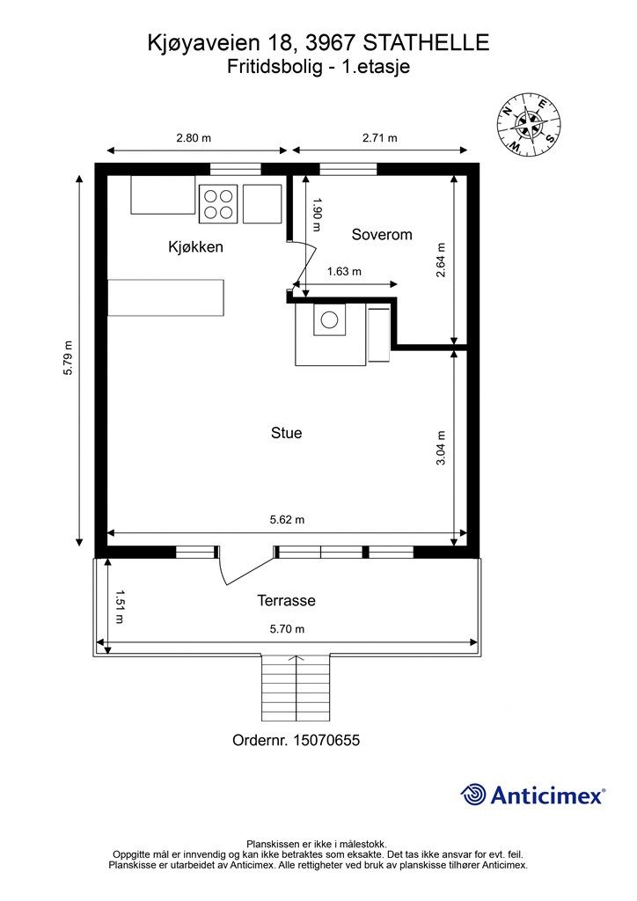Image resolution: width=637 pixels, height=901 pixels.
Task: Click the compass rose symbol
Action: [529, 123]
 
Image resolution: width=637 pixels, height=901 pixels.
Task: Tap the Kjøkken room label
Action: [195, 247]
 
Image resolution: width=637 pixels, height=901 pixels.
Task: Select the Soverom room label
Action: [382, 234]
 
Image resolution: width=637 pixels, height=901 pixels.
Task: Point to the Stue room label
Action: [287, 433]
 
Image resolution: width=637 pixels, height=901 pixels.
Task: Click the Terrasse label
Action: [287, 600]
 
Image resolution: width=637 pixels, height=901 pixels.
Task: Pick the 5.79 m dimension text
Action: [69, 358]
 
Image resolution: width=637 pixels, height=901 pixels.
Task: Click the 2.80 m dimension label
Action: [194, 138]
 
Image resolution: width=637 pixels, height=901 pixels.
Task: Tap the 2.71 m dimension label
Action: [380, 138]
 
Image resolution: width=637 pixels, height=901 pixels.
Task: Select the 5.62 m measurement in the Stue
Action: [287, 519]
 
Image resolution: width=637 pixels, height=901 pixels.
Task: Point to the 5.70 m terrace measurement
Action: [287, 628]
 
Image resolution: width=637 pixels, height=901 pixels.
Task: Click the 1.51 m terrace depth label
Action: [120, 607]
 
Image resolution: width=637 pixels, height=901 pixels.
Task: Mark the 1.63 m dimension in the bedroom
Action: [344, 271]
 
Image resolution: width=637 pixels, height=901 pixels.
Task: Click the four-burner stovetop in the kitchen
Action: [218, 204]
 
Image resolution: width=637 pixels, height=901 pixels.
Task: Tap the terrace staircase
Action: [296, 688]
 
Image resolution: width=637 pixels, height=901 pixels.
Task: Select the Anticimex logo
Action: [532, 795]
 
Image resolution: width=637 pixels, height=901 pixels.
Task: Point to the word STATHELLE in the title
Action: [427, 43]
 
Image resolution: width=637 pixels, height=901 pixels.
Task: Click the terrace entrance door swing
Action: [245, 566]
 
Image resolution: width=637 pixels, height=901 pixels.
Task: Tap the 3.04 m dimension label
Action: [441, 448]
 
